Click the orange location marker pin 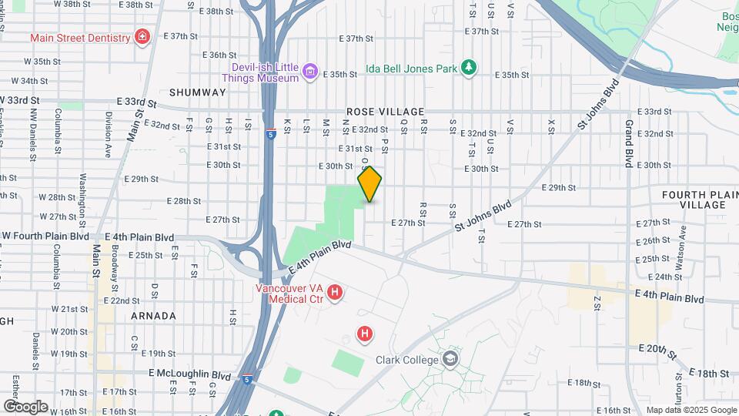(369, 184)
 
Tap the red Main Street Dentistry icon (141, 36)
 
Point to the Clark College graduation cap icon (450, 359)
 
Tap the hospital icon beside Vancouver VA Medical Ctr (335, 292)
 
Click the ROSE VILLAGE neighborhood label (382, 112)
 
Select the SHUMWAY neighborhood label (198, 92)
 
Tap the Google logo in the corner (25, 406)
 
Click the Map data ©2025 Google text (691, 410)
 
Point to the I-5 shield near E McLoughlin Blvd (246, 378)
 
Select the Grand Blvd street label (629, 133)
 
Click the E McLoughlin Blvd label (190, 375)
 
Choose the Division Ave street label (109, 128)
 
